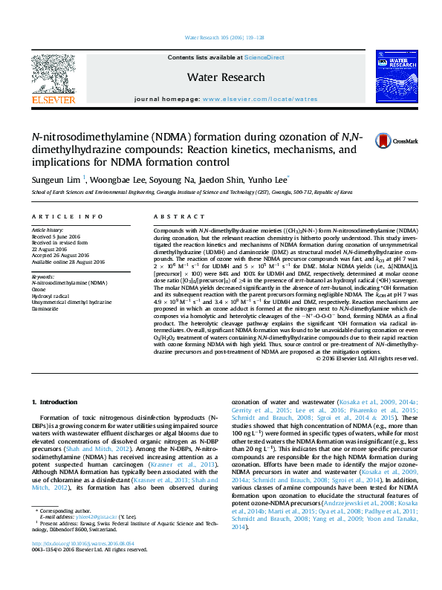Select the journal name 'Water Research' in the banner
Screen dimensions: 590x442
pos(226,77)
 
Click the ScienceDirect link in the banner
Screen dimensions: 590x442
pos(264,57)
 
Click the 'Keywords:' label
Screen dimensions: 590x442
pos(44,276)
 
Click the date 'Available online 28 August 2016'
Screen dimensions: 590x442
pos(68,262)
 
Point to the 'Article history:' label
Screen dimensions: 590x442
pos(48,230)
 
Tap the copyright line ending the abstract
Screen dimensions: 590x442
pos(367,358)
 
